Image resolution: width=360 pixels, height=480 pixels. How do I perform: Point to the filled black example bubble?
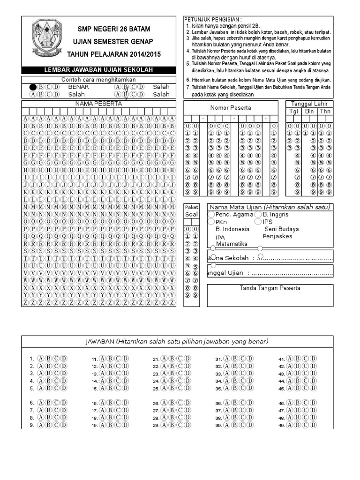pyautogui.click(x=32, y=87)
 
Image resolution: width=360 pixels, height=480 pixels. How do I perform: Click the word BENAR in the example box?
pyautogui.click(x=78, y=87)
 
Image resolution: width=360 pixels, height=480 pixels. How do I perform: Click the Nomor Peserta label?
pyautogui.click(x=231, y=107)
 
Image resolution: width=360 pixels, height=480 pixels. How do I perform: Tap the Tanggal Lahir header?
pyautogui.click(x=309, y=104)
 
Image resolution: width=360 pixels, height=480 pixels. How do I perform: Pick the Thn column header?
pyautogui.click(x=325, y=111)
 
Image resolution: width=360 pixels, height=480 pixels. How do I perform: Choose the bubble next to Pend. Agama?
pyautogui.click(x=211, y=215)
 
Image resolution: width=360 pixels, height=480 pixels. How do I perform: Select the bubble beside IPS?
pyautogui.click(x=258, y=222)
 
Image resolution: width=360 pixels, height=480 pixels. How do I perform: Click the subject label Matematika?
pyautogui.click(x=232, y=244)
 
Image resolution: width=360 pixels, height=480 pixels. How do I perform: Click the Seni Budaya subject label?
pyautogui.click(x=282, y=229)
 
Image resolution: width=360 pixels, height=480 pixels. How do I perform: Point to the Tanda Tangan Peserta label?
pyautogui.click(x=270, y=288)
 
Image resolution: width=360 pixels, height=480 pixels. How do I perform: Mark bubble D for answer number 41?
pyautogui.click(x=312, y=359)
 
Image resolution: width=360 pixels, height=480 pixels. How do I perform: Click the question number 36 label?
pyautogui.click(x=218, y=403)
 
